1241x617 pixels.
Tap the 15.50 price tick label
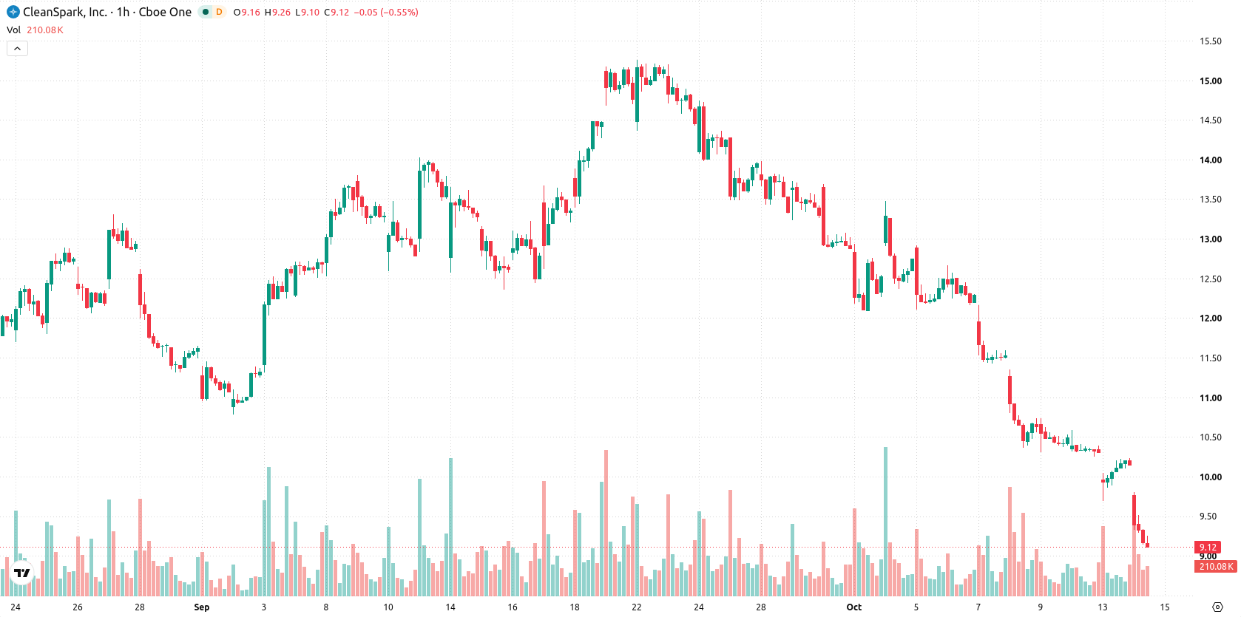click(1211, 41)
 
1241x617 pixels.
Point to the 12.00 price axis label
click(1211, 318)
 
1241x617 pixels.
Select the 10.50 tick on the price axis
click(1211, 437)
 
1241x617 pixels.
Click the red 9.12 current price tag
click(1208, 548)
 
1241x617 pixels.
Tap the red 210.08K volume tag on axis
click(1216, 567)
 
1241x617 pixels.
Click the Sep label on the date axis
click(202, 607)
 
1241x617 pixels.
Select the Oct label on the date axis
click(853, 607)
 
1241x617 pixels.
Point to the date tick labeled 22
click(637, 607)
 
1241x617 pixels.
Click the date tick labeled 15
click(1165, 607)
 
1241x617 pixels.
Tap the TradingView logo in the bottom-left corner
click(22, 573)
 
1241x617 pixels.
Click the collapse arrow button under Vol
click(17, 49)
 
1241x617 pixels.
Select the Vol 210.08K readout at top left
click(35, 30)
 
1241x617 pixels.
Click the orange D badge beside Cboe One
click(220, 12)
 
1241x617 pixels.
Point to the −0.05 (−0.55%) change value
click(386, 12)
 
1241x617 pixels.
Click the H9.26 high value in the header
click(277, 12)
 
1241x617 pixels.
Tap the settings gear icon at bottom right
click(1217, 607)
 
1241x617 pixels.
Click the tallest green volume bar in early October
click(885, 521)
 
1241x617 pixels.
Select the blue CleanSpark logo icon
click(13, 12)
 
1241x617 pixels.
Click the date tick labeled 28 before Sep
click(140, 607)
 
